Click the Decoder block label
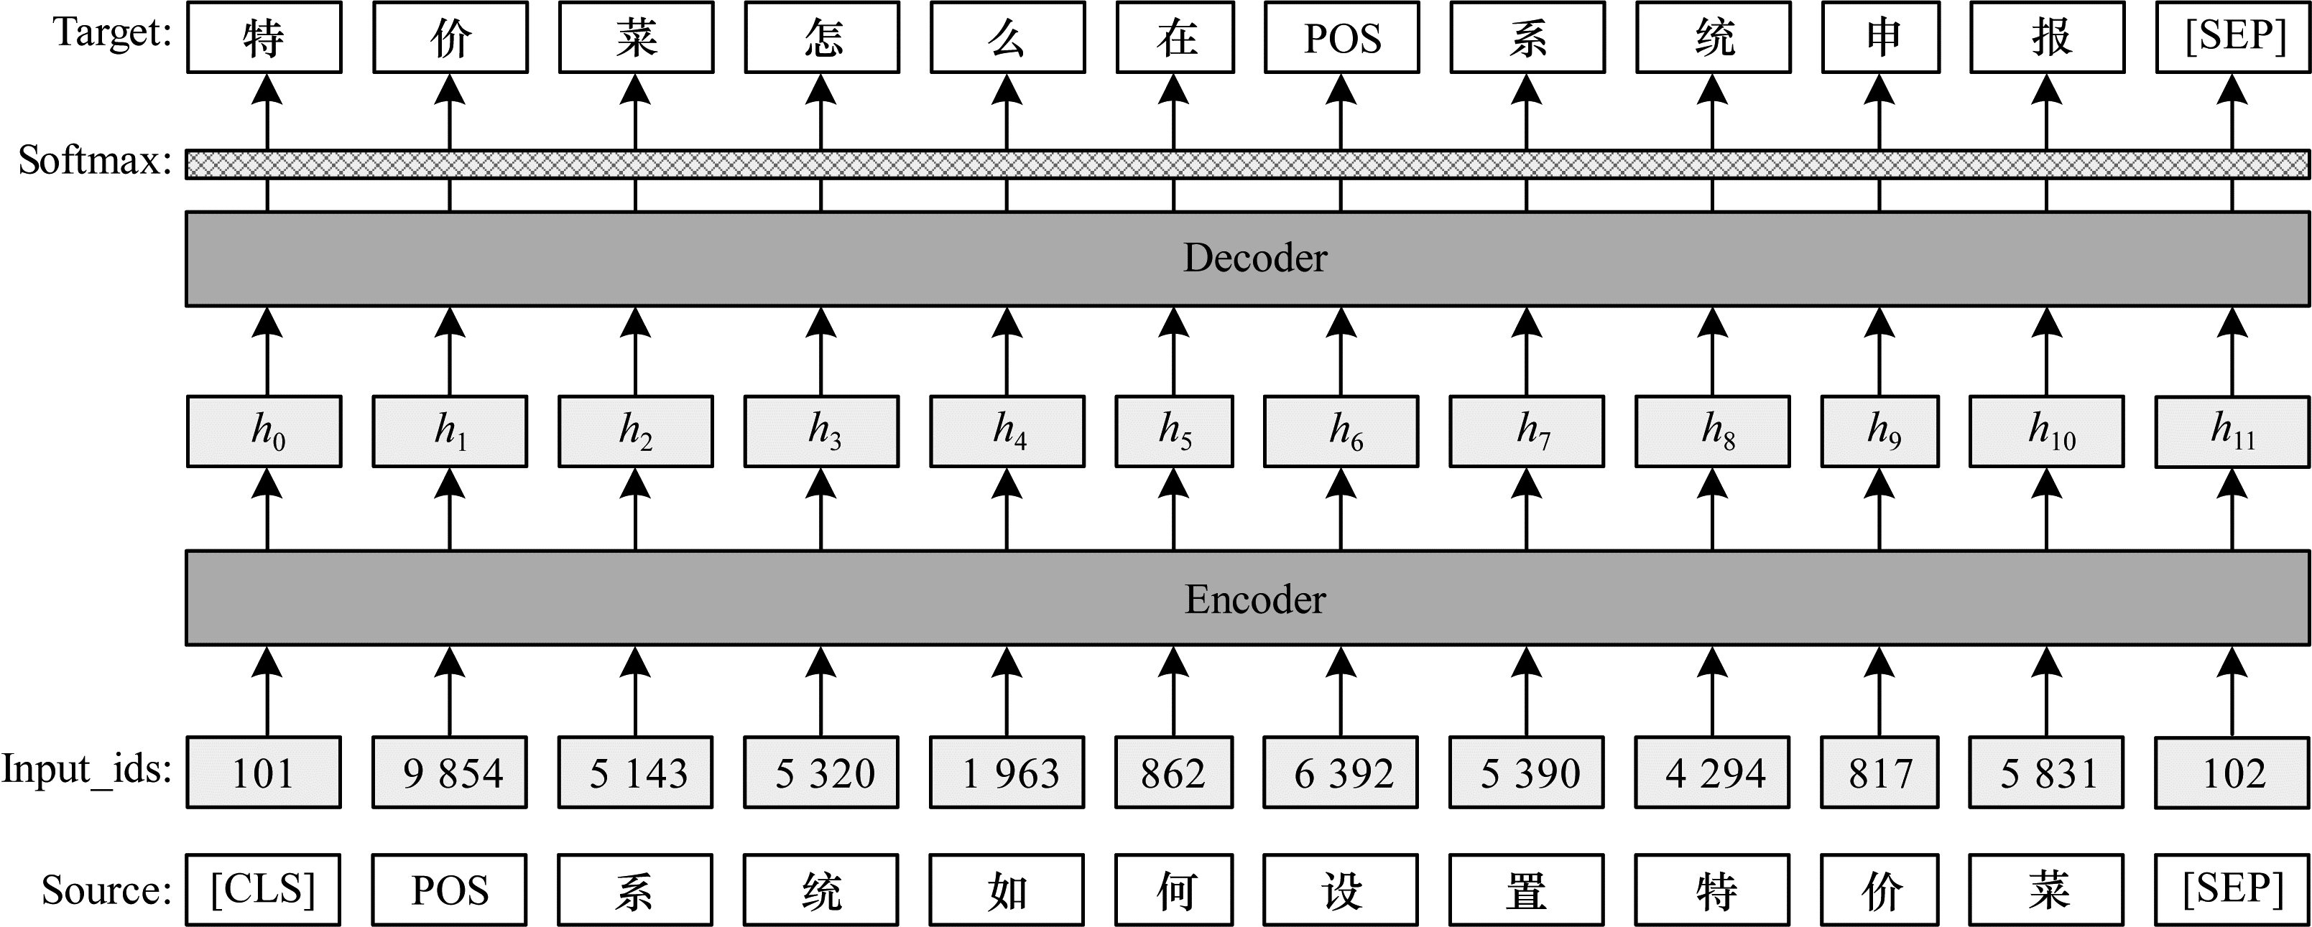click(1254, 258)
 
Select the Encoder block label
click(1254, 600)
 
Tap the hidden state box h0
click(264, 432)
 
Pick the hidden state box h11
click(2232, 432)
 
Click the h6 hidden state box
click(1341, 432)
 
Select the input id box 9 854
click(450, 773)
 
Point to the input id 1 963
click(1007, 773)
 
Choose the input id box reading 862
click(1174, 773)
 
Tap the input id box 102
click(2232, 773)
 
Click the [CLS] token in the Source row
click(263, 890)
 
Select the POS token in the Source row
click(450, 890)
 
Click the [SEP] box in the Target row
click(2233, 37)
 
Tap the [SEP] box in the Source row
click(2232, 890)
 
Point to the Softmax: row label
click(95, 161)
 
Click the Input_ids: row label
click(86, 770)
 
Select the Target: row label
click(113, 32)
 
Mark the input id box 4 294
click(1713, 773)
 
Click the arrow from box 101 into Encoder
click(267, 691)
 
